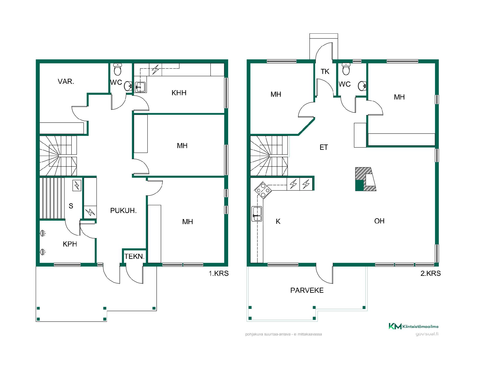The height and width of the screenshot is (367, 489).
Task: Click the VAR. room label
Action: (66, 82)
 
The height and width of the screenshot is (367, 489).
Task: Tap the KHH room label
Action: (179, 93)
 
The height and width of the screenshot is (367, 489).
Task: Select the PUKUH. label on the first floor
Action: (123, 211)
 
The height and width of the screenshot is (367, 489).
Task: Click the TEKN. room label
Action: (134, 256)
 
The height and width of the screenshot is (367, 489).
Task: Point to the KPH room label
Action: (70, 244)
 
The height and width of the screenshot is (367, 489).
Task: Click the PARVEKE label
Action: (307, 290)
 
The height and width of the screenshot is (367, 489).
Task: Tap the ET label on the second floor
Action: (324, 147)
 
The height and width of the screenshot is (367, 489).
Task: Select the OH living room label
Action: (379, 221)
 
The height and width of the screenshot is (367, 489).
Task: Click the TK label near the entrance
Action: (325, 72)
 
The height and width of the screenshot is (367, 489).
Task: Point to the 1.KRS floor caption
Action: (219, 273)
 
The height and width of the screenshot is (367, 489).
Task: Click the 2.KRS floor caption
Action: (430, 273)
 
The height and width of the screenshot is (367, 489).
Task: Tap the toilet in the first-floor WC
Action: (117, 69)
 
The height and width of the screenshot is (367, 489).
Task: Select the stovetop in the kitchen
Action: (262, 190)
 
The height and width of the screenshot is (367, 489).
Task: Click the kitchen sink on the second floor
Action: (257, 214)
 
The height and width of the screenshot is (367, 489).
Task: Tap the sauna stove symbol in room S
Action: (77, 186)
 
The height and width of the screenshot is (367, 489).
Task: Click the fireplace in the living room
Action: (366, 179)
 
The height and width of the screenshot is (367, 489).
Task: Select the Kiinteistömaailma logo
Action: (413, 326)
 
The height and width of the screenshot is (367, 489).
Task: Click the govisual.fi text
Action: (427, 334)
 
